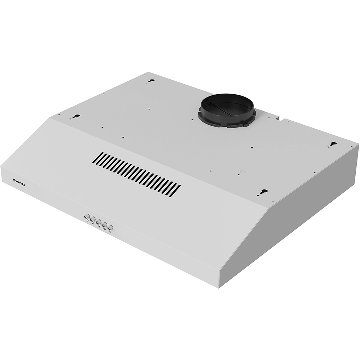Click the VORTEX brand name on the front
21,181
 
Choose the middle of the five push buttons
98,222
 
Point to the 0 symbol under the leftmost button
87,221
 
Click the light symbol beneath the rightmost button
111,231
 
